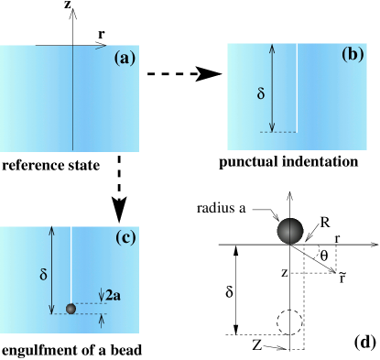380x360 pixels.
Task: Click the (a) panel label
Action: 125,58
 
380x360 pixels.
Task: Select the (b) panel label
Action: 353,53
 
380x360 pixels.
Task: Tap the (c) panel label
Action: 125,239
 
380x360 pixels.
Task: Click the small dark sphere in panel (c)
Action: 71,309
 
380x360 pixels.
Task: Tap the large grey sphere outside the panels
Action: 289,231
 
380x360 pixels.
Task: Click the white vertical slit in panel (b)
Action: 297,87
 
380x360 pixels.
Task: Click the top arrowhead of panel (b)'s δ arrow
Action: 272,49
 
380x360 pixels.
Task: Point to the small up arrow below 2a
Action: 101,320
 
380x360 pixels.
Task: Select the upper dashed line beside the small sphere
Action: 88,303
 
